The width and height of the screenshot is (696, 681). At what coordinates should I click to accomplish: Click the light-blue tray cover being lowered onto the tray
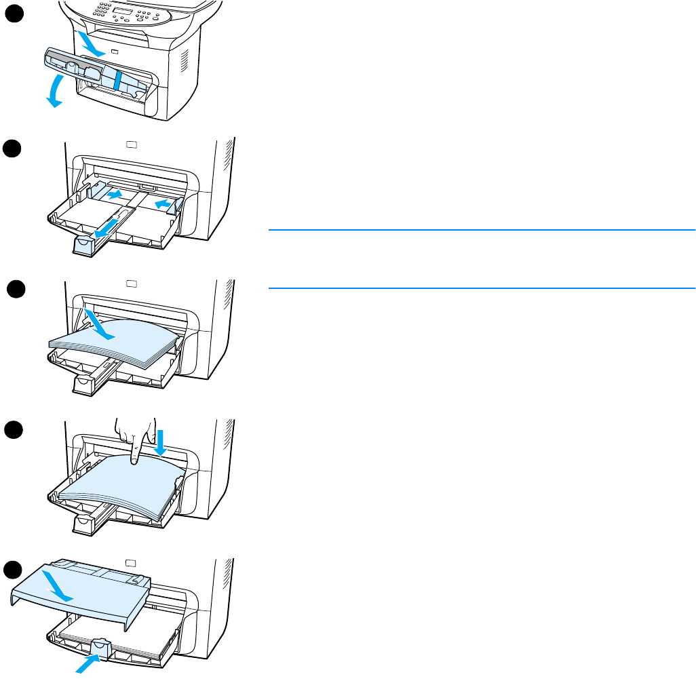click(81, 590)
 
